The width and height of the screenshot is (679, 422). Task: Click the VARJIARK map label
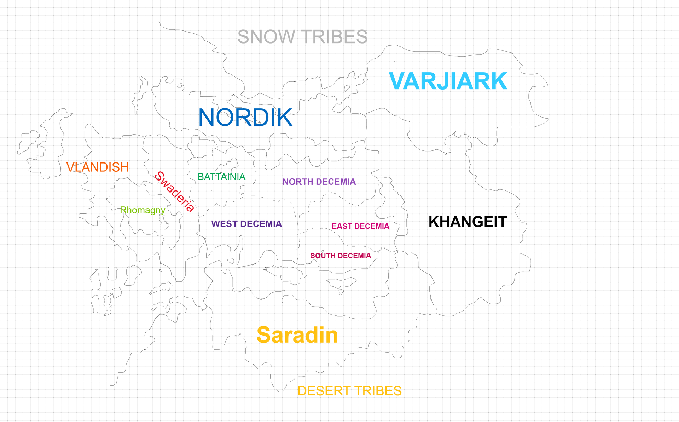[x=448, y=81]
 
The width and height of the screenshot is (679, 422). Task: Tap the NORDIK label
[x=245, y=118]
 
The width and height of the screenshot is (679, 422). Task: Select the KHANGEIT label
[x=468, y=222]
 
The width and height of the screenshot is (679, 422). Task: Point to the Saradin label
[x=297, y=335]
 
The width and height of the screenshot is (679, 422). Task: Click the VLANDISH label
[x=98, y=167]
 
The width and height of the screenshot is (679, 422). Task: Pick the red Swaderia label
[x=174, y=192]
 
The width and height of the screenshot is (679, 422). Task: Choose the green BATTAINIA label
[x=221, y=177]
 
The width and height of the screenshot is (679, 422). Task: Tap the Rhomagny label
[x=143, y=210]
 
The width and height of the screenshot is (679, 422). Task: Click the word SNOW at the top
[x=266, y=37]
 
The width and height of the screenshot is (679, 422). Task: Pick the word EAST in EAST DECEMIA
[x=342, y=226]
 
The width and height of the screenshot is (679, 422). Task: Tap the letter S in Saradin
[x=264, y=335]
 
